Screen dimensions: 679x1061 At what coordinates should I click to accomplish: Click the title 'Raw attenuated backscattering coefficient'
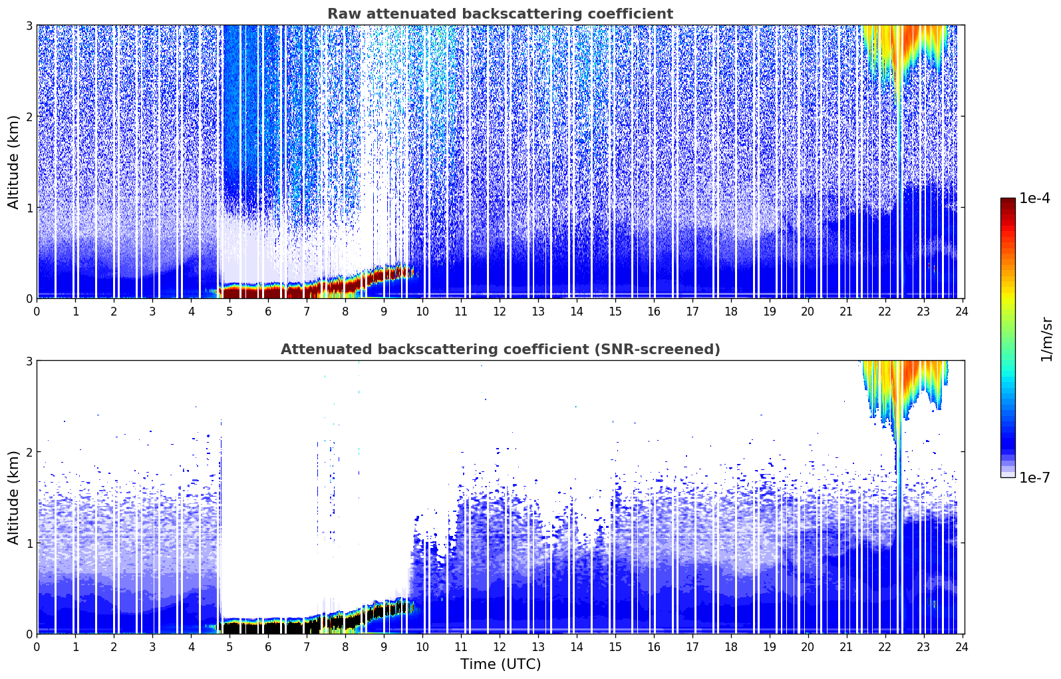[500, 14]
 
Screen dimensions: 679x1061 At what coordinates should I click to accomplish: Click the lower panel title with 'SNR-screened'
[500, 349]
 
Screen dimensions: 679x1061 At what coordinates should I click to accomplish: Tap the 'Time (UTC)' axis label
[500, 664]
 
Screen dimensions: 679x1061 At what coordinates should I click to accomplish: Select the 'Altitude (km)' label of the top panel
[13, 162]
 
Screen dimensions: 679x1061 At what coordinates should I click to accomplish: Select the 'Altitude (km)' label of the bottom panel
[13, 497]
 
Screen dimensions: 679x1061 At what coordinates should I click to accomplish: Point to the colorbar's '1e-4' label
[1034, 198]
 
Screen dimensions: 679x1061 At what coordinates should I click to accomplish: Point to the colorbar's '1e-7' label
[1034, 477]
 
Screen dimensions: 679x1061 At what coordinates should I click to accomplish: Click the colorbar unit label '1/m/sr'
[1046, 339]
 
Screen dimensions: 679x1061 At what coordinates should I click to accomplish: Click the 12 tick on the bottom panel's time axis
[500, 646]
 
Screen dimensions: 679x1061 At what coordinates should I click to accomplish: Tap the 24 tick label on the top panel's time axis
[962, 311]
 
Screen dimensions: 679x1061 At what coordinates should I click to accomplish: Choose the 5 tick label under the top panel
[229, 311]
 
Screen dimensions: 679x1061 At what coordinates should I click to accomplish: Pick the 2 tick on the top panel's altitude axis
[29, 116]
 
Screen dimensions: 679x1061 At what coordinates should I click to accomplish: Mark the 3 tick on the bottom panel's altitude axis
[29, 361]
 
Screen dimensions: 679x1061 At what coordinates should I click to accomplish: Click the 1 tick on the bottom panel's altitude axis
[29, 543]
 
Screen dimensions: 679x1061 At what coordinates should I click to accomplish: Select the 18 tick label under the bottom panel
[730, 646]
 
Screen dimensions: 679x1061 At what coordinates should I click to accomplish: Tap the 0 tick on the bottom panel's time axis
[37, 646]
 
